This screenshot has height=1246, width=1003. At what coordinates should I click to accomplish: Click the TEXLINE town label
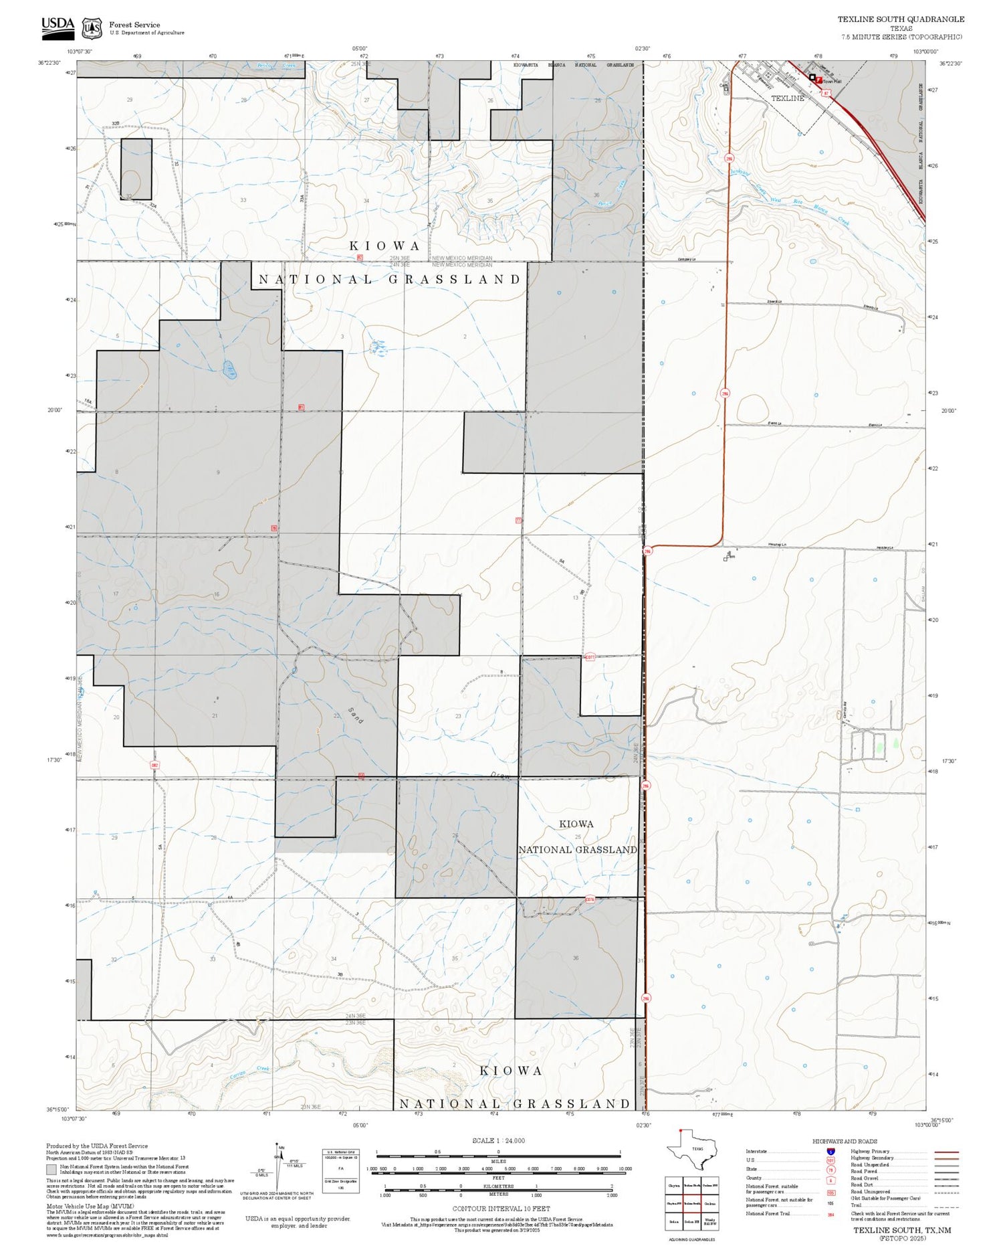tap(788, 98)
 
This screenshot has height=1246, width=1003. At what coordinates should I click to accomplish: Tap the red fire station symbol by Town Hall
tap(818, 79)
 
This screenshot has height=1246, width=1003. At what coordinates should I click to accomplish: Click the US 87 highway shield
tap(826, 93)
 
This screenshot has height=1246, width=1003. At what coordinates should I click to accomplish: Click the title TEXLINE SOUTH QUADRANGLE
tap(901, 19)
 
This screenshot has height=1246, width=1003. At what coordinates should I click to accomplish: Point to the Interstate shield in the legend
tap(830, 1151)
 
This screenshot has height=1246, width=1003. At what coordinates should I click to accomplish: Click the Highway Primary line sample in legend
tap(942, 1152)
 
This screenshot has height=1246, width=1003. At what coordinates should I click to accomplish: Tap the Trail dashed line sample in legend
tap(942, 1207)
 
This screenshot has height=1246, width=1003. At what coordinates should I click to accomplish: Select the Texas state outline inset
tap(695, 1150)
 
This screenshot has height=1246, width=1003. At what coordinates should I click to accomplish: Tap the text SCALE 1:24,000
tap(498, 1141)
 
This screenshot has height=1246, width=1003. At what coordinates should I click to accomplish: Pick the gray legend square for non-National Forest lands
tap(51, 1170)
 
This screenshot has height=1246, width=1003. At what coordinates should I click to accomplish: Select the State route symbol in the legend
tap(830, 1170)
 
